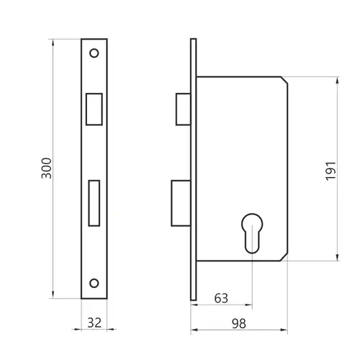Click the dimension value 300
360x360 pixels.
tap(47, 168)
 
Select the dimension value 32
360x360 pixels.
tap(94, 323)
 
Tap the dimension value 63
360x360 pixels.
tap(221, 298)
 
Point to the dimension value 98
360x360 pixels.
tap(239, 324)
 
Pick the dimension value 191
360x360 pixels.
tap(330, 171)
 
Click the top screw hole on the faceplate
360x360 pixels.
tap(94, 53)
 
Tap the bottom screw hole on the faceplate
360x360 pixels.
tap(94, 283)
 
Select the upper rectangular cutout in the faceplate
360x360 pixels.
tap(94, 109)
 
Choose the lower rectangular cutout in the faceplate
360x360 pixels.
tap(94, 203)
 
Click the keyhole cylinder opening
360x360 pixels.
tap(252, 233)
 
